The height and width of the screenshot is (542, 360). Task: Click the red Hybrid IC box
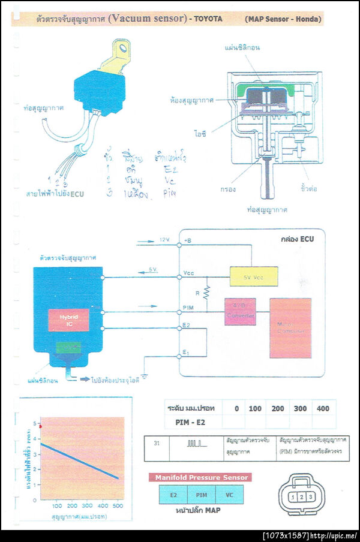(x=68, y=320)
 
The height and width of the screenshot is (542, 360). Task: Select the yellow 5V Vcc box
(x=254, y=276)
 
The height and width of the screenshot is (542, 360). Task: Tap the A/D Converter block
(x=240, y=312)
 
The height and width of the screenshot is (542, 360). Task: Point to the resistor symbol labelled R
(x=205, y=293)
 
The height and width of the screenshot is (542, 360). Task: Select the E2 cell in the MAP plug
(x=173, y=495)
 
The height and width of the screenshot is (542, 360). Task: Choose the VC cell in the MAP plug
(x=229, y=495)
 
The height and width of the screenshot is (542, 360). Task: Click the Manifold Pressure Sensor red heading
(x=200, y=477)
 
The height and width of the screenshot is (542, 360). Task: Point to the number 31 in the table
(x=157, y=444)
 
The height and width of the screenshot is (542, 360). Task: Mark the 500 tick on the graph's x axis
(x=118, y=505)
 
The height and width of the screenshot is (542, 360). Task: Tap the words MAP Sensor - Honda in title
(x=283, y=19)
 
